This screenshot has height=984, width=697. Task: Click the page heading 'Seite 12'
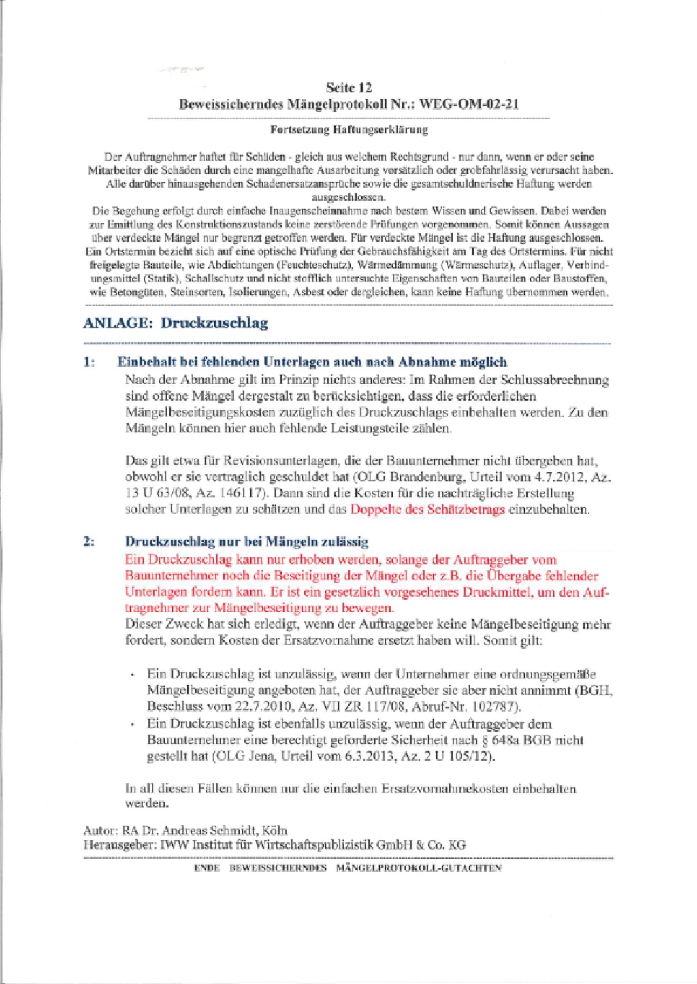click(x=348, y=88)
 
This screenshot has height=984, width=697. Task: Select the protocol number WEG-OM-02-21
click(x=470, y=104)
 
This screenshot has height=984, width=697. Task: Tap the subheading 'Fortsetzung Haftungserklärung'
click(x=348, y=129)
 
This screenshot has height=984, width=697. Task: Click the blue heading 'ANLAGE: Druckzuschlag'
click(x=176, y=323)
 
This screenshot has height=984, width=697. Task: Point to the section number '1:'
click(x=89, y=362)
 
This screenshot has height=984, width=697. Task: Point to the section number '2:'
click(x=89, y=542)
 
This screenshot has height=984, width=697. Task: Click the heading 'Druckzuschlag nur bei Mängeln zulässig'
click(x=246, y=542)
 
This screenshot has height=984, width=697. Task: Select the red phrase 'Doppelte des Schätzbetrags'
click(x=427, y=510)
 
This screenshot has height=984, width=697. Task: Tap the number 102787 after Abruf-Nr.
click(x=496, y=706)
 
